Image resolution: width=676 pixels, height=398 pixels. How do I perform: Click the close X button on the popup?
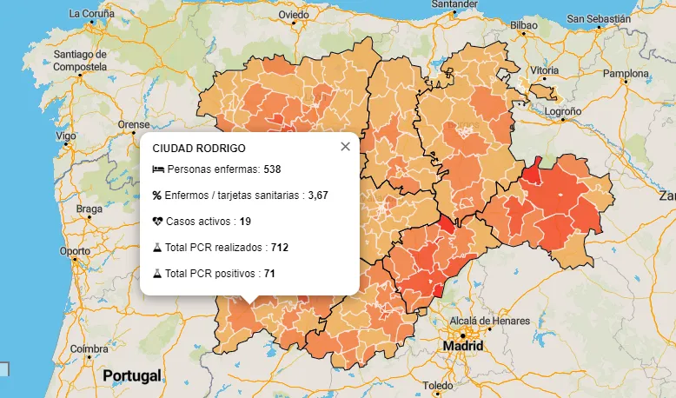[x=345, y=146]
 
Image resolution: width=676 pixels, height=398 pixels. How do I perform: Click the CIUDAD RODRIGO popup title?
[x=199, y=149]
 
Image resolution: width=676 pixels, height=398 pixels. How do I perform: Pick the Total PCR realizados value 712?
[x=279, y=248]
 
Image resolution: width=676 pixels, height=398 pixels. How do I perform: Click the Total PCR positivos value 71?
[x=269, y=274]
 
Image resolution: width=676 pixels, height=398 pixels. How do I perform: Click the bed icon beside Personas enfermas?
[x=157, y=169]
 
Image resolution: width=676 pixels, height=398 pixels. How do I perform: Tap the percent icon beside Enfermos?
[x=157, y=195]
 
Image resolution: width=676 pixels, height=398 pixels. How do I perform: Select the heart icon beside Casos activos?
[x=157, y=221]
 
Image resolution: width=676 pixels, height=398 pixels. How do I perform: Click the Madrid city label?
[x=462, y=345]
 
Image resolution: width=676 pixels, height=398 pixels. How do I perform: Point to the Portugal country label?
[x=132, y=375]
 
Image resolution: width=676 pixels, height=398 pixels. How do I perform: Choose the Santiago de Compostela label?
[x=80, y=60]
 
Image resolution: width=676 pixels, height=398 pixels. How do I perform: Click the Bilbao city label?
[x=524, y=25]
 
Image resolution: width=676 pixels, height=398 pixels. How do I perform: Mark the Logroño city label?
[x=562, y=111]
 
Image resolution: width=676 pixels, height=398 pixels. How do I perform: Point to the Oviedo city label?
[x=294, y=15]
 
